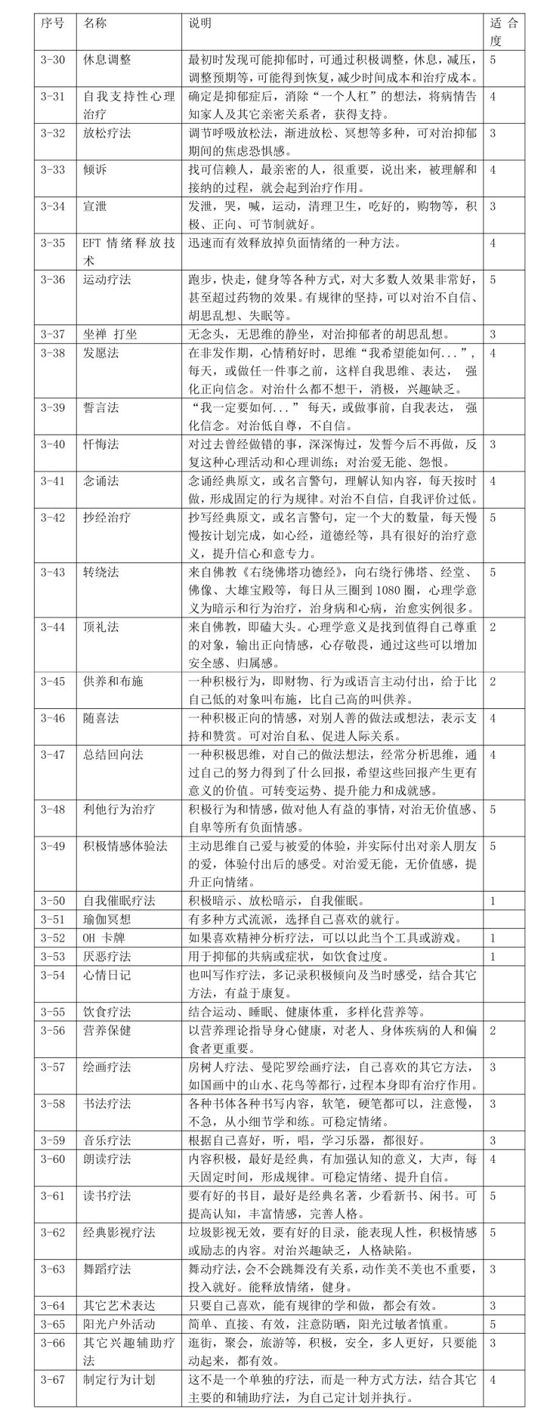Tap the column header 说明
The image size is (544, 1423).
pyautogui.click(x=200, y=23)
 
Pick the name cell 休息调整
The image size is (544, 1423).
pyautogui.click(x=107, y=60)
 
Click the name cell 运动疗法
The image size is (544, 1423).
pyautogui.click(x=107, y=280)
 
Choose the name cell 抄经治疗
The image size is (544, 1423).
pyautogui.click(x=107, y=518)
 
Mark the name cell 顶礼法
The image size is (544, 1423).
pyautogui.click(x=100, y=627)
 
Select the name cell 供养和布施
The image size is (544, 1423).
pyautogui.click(x=113, y=682)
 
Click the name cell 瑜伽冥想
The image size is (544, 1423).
pyautogui.click(x=107, y=920)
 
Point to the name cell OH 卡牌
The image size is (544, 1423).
pyautogui.click(x=107, y=938)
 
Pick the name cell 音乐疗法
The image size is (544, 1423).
pyautogui.click(x=107, y=1140)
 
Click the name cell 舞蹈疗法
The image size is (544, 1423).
pyautogui.click(x=107, y=1267)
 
